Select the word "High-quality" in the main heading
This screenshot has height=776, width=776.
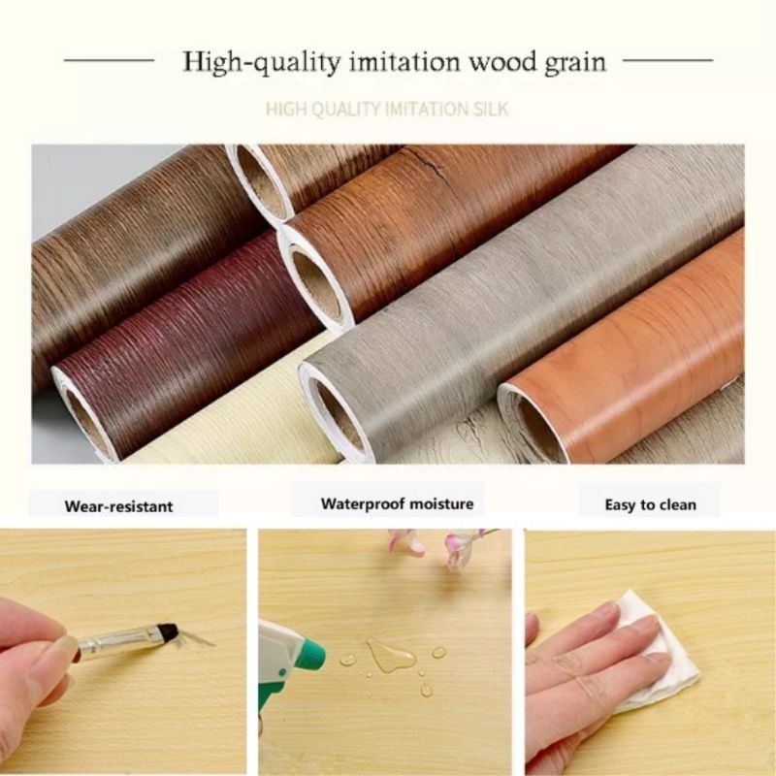point(262,63)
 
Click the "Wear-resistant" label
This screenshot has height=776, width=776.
point(118,506)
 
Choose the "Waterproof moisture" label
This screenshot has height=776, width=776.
point(398,503)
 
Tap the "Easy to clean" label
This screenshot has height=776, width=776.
point(650,504)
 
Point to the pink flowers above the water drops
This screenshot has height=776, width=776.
point(436,544)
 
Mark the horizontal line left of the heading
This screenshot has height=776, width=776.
point(109,60)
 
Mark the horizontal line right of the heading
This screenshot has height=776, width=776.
point(667,60)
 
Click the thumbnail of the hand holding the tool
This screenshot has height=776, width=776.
point(123,651)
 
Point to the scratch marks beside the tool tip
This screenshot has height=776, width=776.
point(196,638)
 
